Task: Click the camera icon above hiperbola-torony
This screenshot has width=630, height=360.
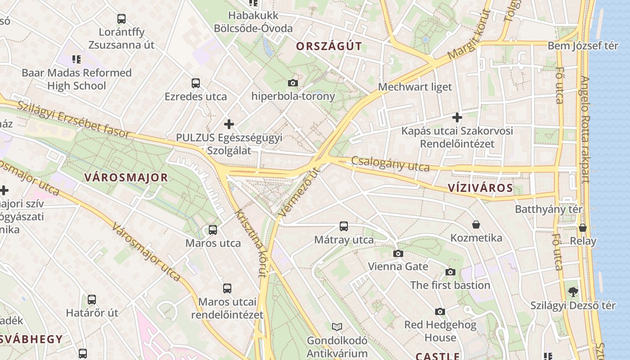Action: click(x=292, y=83)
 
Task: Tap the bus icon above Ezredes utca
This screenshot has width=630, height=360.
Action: click(x=195, y=83)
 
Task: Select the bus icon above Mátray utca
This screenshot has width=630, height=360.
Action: click(x=344, y=226)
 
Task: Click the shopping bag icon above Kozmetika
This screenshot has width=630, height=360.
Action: click(x=476, y=225)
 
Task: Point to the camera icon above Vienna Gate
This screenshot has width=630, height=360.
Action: click(x=398, y=253)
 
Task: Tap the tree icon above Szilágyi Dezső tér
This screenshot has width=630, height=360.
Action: click(x=573, y=292)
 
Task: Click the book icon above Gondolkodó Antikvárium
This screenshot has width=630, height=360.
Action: click(x=337, y=327)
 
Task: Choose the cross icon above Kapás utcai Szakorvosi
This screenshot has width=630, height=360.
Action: click(x=457, y=118)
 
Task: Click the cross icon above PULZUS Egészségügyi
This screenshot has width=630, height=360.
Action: click(x=229, y=124)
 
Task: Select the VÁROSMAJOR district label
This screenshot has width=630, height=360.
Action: click(x=126, y=178)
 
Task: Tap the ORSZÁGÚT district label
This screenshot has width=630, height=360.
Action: click(x=329, y=46)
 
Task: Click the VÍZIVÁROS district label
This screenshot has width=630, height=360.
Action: click(x=481, y=188)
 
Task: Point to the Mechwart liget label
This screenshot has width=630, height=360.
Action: click(x=415, y=87)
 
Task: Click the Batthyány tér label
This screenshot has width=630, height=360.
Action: click(x=549, y=209)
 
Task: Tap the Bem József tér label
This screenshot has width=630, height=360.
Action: click(x=583, y=46)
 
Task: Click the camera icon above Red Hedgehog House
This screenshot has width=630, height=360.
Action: click(x=440, y=311)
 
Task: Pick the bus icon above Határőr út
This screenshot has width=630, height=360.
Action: click(x=92, y=299)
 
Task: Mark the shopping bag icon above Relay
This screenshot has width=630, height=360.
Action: click(x=583, y=228)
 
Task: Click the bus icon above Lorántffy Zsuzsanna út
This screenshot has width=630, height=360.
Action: click(x=121, y=19)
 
